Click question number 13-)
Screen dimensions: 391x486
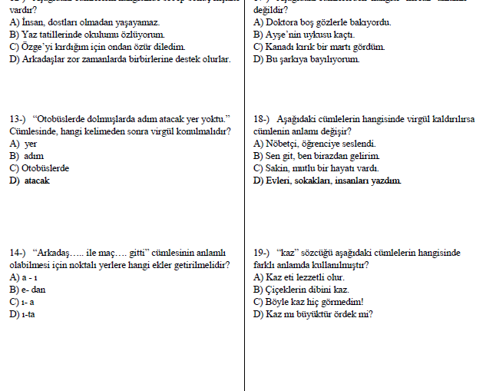coord(18,119)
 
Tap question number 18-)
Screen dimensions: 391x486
coord(262,119)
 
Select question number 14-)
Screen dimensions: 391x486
coord(18,253)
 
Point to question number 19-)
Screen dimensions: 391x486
coord(262,253)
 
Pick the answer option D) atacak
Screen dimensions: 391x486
coord(29,181)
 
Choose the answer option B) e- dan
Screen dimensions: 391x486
coord(28,290)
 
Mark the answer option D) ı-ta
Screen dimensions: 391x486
coord(24,314)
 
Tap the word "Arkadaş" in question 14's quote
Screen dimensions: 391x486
coord(57,253)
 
